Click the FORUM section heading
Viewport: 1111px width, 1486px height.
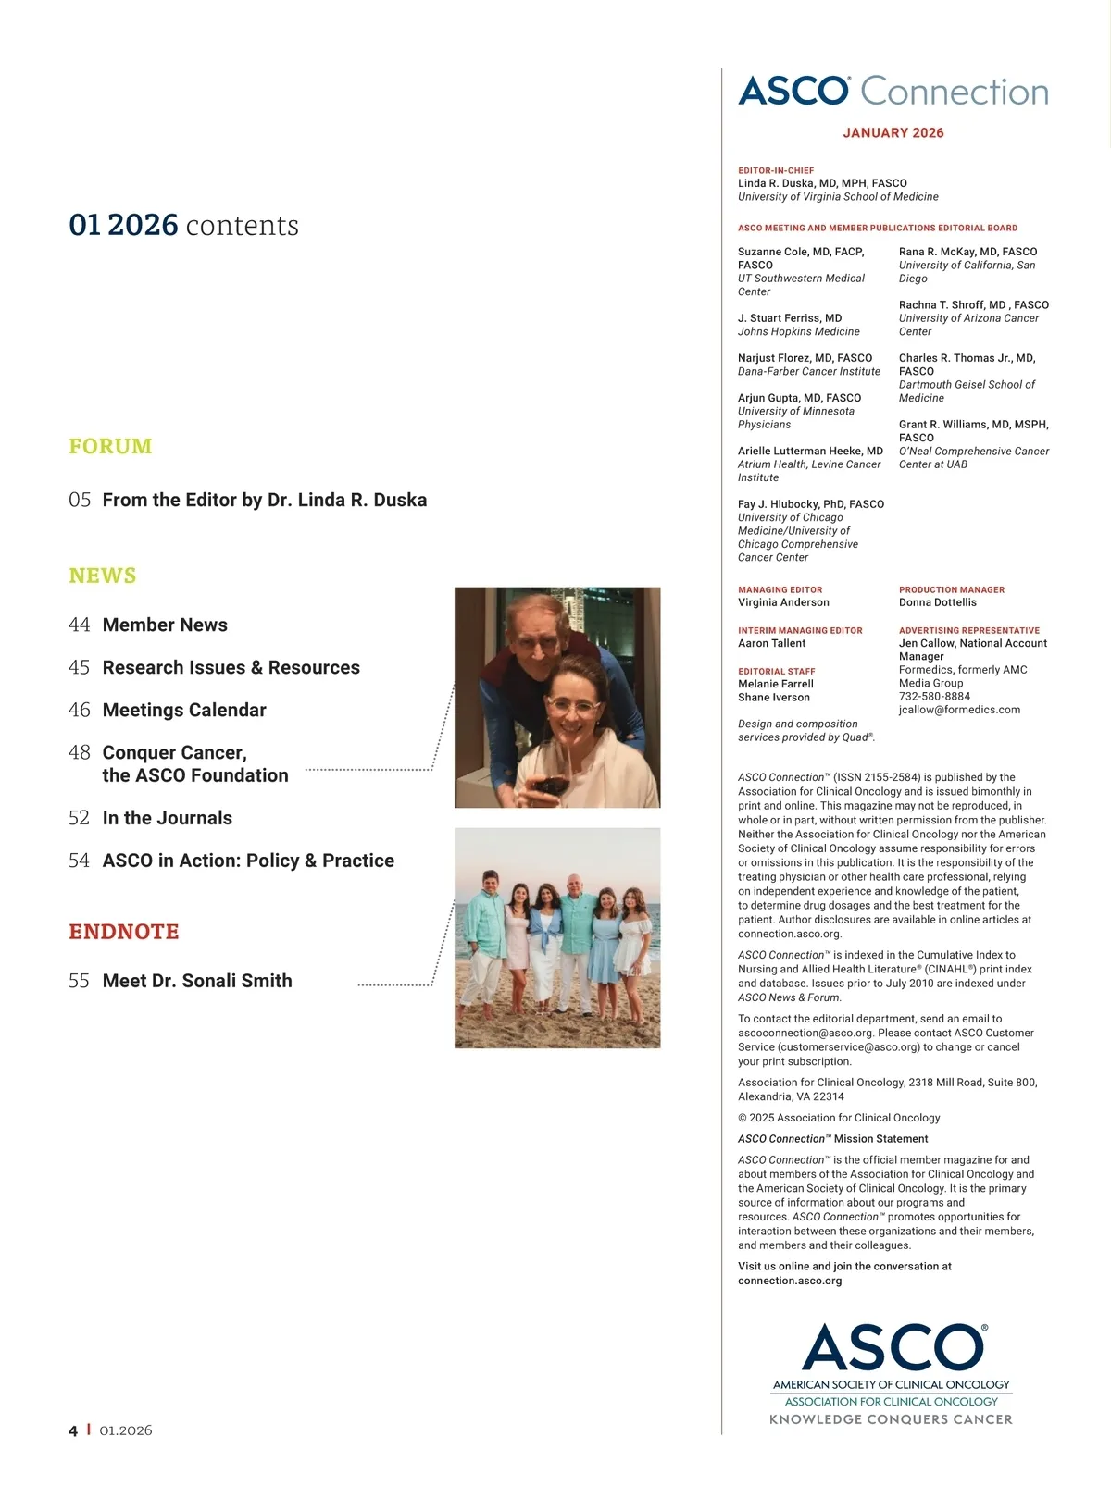110,446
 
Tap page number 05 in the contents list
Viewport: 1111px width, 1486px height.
80,501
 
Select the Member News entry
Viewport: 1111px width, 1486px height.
165,625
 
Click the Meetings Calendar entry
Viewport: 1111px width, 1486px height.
184,711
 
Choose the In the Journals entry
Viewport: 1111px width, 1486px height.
167,819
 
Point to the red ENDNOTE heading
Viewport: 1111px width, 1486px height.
124,932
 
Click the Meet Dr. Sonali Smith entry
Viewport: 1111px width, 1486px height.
197,982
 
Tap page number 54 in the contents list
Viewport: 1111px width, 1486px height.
80,861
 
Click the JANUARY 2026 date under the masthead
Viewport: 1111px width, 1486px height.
893,133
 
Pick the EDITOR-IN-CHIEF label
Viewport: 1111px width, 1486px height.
776,171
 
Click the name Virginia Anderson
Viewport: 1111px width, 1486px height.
783,603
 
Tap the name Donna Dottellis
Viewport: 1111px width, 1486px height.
937,603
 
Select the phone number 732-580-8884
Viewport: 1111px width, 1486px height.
934,697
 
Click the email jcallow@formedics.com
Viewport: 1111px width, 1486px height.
959,711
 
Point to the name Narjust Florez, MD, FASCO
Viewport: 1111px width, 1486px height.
805,358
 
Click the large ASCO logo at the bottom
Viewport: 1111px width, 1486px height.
893,1348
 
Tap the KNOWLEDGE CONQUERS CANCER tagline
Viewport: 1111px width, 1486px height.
891,1419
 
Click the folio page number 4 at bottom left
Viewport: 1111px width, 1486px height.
73,1430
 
